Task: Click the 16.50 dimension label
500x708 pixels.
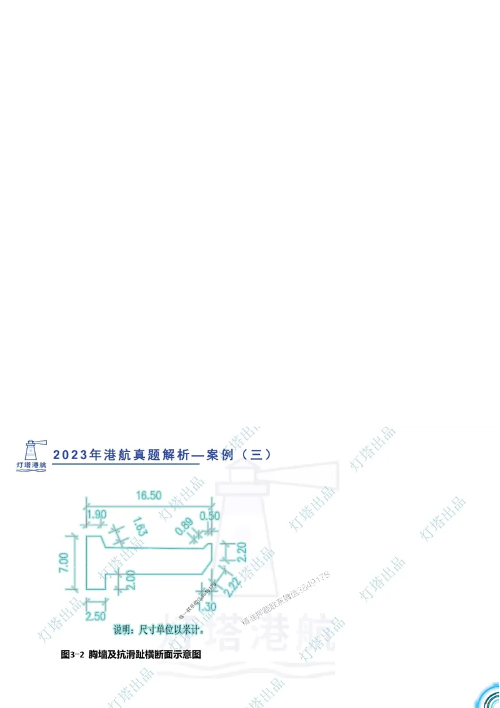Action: click(148, 495)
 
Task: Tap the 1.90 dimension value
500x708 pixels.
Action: click(96, 515)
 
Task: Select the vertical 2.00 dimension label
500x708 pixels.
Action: click(129, 579)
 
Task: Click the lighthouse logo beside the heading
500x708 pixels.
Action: click(33, 451)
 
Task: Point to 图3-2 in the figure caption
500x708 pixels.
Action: click(72, 655)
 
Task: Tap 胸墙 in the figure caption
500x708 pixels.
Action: click(98, 655)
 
